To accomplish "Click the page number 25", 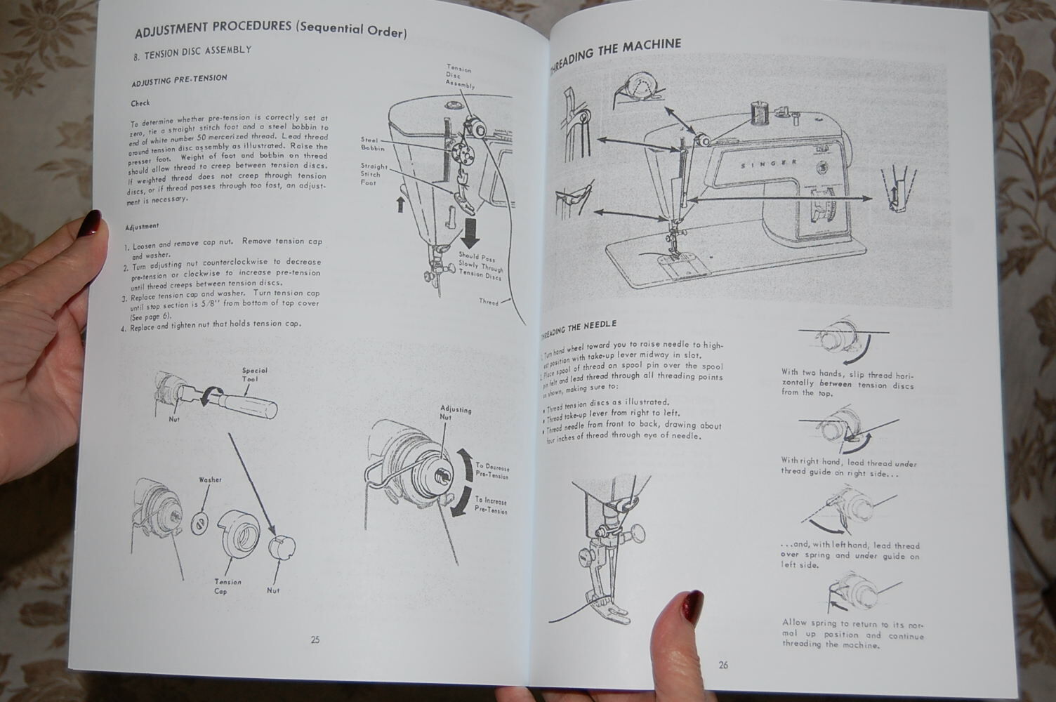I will point(315,640).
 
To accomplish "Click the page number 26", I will point(723,665).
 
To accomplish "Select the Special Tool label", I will point(254,375).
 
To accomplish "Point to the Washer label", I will point(210,480).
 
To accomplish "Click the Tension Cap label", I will point(227,586).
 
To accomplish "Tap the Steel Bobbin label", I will point(373,144).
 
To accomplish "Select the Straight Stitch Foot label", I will point(374,175).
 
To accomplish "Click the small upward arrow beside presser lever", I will point(401,204).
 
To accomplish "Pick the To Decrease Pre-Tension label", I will point(492,470).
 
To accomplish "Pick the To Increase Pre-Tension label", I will point(491,505).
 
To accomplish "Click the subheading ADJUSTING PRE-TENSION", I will point(179,80).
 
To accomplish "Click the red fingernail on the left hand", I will point(92,224).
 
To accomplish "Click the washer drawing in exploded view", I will point(200,522).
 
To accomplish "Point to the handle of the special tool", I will point(251,404).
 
